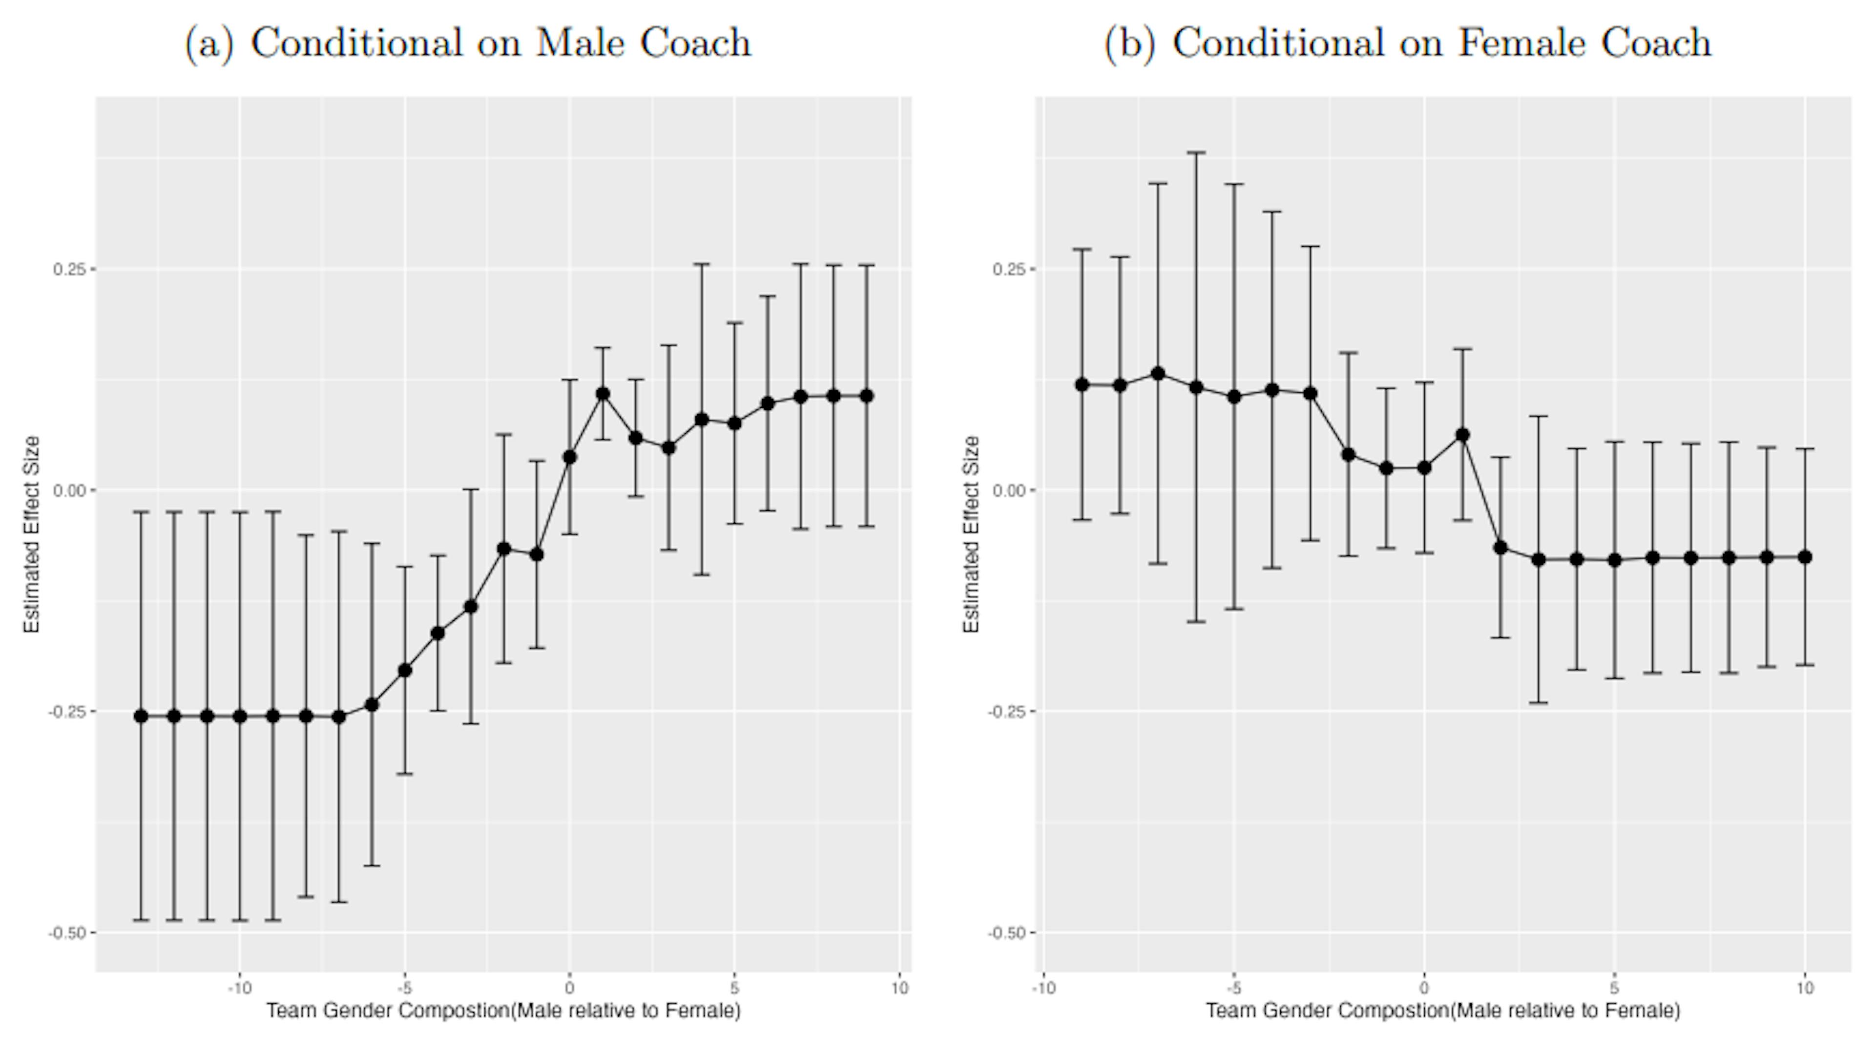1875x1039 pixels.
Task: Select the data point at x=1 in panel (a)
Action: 603,394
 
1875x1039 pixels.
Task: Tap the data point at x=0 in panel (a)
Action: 570,457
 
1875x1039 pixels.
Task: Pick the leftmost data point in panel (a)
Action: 141,717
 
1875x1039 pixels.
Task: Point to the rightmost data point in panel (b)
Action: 1805,557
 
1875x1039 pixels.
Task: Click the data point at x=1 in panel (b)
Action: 1462,435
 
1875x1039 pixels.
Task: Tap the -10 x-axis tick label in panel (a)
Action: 239,988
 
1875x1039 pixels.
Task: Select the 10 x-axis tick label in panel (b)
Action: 1805,988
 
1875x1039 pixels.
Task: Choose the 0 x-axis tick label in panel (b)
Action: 1424,988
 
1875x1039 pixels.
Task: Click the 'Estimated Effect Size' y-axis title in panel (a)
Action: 32,534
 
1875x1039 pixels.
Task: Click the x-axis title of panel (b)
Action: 1443,1011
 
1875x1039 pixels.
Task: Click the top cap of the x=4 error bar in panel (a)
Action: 702,264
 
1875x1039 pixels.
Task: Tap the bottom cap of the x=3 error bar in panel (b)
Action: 1539,702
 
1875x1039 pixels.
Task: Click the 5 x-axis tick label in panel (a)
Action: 734,988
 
